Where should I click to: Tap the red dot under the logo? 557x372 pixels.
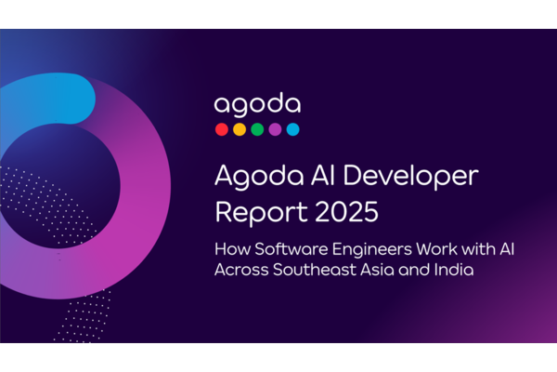tap(222, 129)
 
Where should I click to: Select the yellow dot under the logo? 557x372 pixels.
tap(240, 129)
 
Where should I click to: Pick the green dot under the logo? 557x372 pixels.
tap(257, 129)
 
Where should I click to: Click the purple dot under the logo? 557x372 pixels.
tap(275, 129)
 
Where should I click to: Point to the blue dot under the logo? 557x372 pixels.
tap(292, 129)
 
